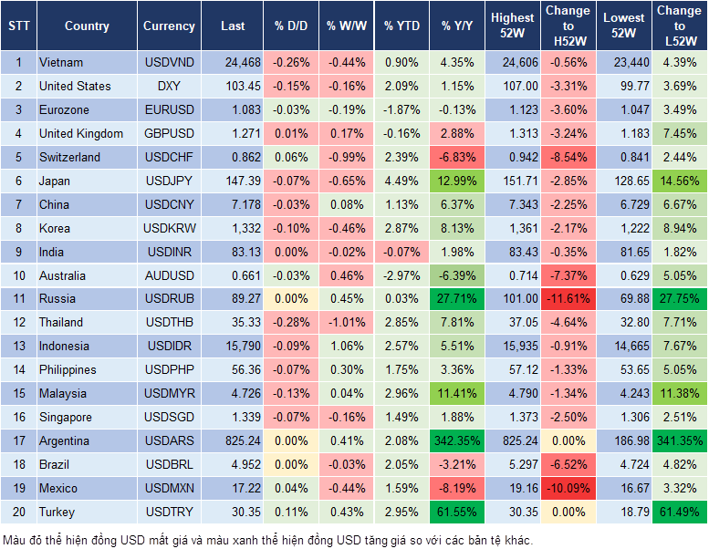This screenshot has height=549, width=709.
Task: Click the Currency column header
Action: pos(169,26)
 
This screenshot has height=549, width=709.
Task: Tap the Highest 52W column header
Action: pos(512,26)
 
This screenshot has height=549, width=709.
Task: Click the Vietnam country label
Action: pos(61,62)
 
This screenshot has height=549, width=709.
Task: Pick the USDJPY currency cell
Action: pos(169,181)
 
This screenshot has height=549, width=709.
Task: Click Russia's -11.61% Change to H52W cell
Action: pos(568,298)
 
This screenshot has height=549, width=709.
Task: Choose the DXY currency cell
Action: pos(169,86)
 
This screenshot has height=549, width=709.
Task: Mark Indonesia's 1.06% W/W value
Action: pos(345,346)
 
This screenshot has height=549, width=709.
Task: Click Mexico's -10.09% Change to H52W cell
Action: pos(568,489)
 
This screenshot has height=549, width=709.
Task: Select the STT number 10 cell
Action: pos(18,275)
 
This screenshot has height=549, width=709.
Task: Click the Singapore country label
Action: pos(66,418)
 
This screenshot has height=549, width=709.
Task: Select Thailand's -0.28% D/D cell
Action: pos(290,322)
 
